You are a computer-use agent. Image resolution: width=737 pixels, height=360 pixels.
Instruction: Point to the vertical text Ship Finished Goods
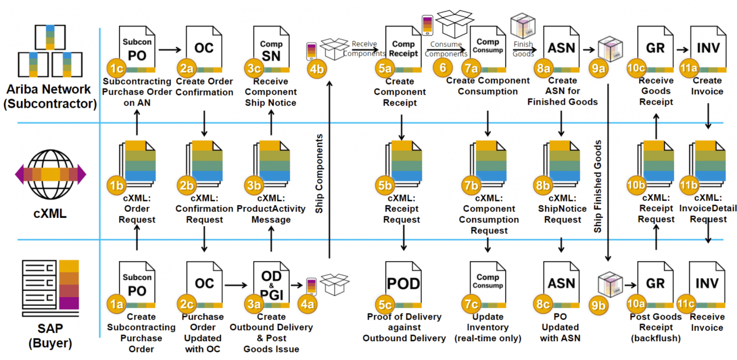(598, 187)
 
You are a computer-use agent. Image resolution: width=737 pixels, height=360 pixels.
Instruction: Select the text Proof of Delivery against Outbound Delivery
(404, 327)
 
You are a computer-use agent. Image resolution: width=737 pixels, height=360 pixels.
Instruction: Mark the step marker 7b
(471, 185)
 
